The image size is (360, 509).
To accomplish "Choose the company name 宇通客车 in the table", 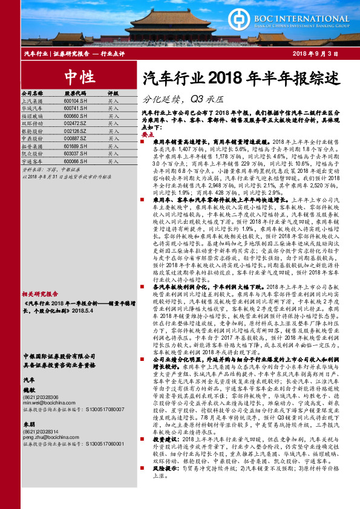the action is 31,162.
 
